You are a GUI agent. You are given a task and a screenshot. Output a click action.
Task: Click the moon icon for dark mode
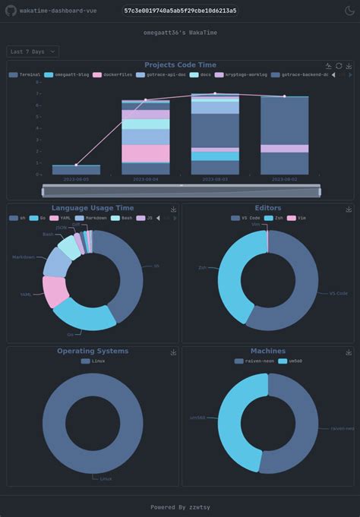click(349, 11)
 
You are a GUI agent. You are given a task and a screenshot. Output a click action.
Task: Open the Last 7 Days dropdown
click(33, 52)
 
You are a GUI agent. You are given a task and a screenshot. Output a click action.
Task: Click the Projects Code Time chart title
click(180, 65)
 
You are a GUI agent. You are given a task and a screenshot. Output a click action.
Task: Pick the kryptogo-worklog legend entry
click(242, 75)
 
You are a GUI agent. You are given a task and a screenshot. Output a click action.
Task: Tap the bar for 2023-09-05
click(76, 169)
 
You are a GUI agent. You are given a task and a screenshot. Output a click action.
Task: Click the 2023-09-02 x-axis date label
click(284, 180)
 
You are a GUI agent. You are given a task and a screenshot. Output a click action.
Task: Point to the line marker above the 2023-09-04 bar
click(146, 99)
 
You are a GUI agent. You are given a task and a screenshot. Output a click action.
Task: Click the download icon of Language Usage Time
click(173, 209)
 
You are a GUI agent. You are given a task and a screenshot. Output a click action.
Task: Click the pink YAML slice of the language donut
click(54, 292)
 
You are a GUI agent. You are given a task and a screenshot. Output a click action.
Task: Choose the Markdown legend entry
click(95, 218)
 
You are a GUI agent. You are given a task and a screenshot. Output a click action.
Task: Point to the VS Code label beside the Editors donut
click(337, 293)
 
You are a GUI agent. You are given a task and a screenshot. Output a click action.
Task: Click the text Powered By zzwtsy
click(180, 506)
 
